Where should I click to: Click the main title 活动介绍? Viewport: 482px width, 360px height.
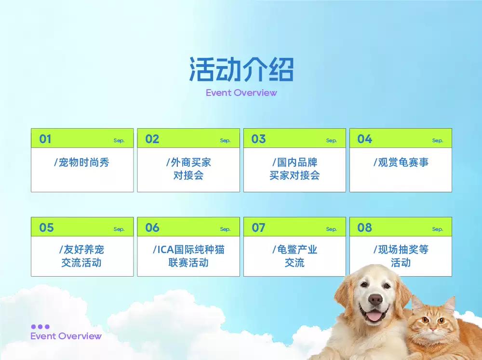[x=241, y=69]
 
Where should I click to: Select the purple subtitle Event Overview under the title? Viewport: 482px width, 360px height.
[x=241, y=93]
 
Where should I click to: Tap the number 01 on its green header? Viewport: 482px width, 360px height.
[x=45, y=139]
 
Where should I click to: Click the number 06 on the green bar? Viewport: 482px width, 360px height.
[x=152, y=227]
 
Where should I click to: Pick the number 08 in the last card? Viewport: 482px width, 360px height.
[x=364, y=227]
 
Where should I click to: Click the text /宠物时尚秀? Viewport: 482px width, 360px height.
[x=82, y=162]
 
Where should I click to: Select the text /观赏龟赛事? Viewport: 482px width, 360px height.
[x=401, y=162]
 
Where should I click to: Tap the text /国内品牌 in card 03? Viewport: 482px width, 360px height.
[x=295, y=162]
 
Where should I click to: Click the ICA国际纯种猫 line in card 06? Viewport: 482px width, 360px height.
[x=189, y=249]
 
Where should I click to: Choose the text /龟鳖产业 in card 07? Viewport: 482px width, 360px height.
[x=295, y=249]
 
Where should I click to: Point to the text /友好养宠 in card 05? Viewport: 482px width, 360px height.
[x=82, y=249]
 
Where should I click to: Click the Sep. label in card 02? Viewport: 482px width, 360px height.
[x=225, y=141]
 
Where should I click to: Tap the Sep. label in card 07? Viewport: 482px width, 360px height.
[x=332, y=229]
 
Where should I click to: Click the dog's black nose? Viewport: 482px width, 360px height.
[x=375, y=299]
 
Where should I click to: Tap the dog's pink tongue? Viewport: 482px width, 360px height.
[x=375, y=316]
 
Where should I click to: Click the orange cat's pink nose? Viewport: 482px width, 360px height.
[x=433, y=330]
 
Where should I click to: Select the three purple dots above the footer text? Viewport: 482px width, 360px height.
[x=40, y=326]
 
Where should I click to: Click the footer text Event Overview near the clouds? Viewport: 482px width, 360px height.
[x=66, y=336]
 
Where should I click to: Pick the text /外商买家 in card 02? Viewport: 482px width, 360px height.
[x=189, y=162]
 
